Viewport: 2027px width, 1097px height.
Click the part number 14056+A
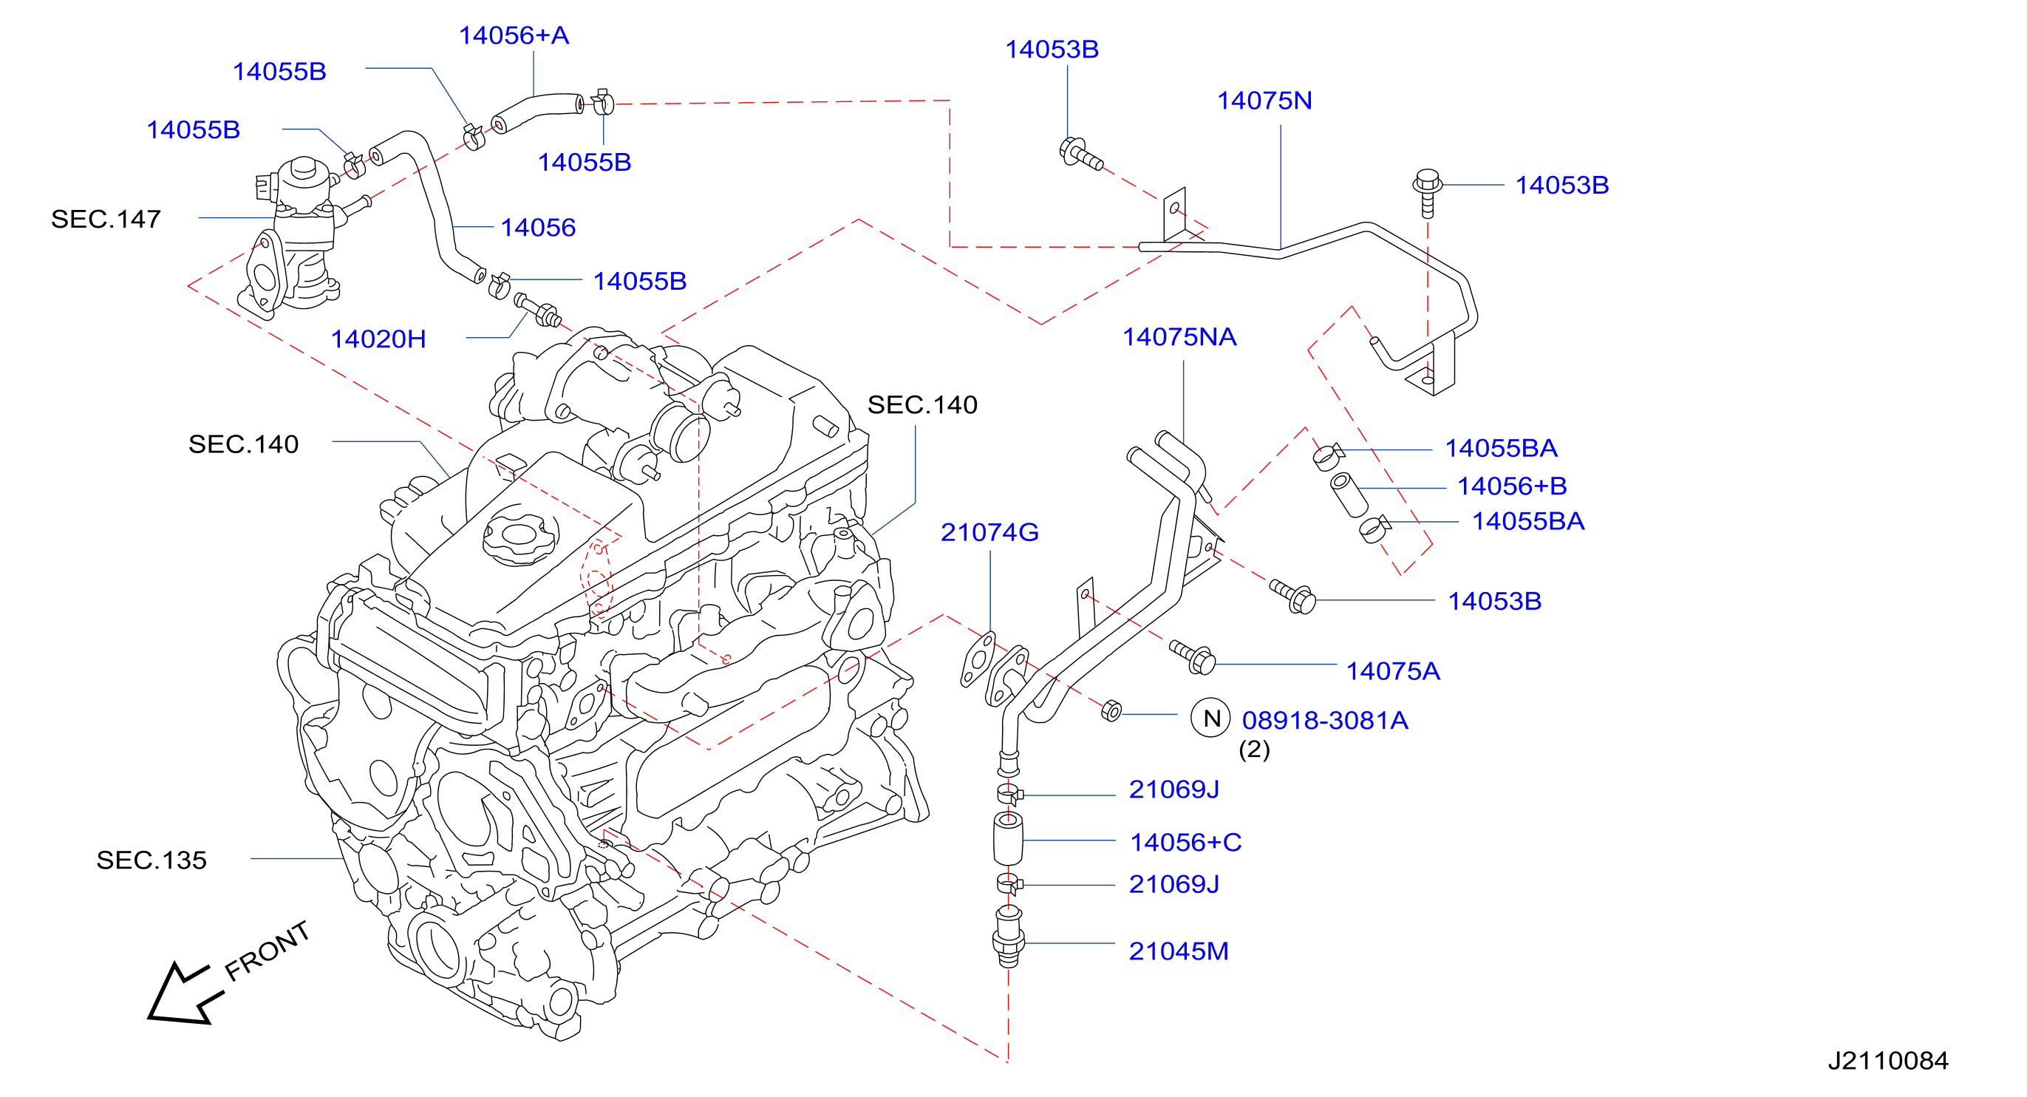coord(514,35)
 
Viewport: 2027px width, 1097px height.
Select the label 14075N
coord(1264,101)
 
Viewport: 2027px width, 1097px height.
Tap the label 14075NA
coord(1179,337)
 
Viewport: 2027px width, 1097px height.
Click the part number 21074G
coord(990,533)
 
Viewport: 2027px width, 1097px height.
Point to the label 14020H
coord(378,339)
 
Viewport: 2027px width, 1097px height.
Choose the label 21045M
coord(1179,951)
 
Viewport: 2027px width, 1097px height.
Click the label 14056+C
coord(1186,843)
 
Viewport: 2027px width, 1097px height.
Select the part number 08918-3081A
coord(1325,720)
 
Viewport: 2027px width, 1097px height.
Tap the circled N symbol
coord(1210,718)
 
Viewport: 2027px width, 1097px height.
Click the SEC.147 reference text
coord(106,219)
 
